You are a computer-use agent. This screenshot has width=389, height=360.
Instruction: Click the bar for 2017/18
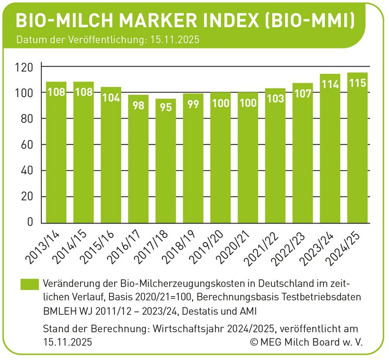166,160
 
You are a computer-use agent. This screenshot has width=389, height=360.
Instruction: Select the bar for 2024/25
357,151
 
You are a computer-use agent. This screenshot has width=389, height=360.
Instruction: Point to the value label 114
330,84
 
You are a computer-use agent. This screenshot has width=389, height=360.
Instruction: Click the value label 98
139,105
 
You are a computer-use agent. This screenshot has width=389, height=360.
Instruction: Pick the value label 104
111,97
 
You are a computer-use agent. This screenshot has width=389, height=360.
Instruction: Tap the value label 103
275,99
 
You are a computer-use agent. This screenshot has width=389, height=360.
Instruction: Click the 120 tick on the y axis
25,67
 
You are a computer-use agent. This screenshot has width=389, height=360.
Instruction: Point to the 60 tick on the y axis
28,145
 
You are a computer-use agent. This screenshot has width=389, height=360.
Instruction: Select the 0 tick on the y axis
30,223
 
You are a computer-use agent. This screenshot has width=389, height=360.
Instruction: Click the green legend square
29,285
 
